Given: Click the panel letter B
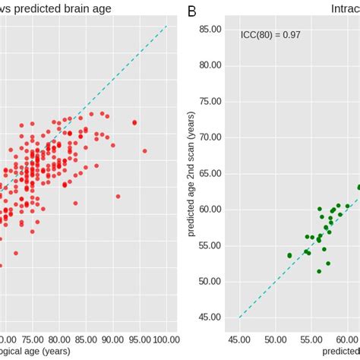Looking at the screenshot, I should [192, 11].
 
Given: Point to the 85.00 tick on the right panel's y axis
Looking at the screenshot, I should [209, 29].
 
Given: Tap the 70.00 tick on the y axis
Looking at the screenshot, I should [209, 137].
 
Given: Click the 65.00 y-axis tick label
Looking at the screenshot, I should [209, 173].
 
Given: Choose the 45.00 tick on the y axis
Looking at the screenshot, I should [209, 317].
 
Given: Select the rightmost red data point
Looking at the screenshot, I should [144, 150].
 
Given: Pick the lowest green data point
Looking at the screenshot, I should [319, 271].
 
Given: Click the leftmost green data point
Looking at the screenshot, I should [289, 255].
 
